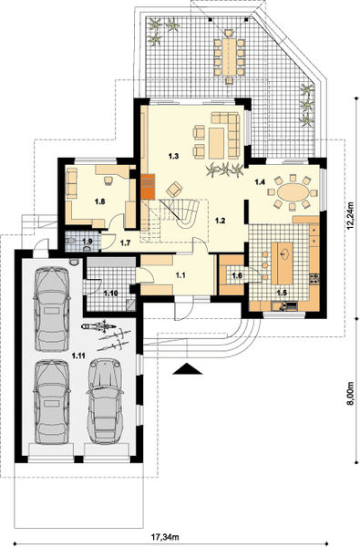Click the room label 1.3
coord(174,156)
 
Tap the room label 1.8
coord(100,201)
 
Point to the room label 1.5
coord(282,293)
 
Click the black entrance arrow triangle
coord(188,368)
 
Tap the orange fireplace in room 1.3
coord(148,186)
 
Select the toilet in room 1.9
coord(72,241)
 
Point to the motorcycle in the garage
coord(98,325)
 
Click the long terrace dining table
coord(229,56)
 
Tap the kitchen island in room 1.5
coord(284,263)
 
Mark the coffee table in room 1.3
coord(216,143)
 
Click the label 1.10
coord(110,293)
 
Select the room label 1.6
coord(237,275)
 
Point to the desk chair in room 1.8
coord(109,180)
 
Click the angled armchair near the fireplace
coord(175,190)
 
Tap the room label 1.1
coord(180,275)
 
